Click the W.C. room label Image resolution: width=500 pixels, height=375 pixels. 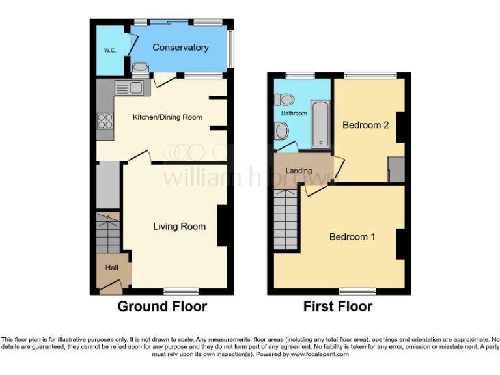[x=109, y=50]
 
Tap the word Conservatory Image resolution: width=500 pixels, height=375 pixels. [x=180, y=48]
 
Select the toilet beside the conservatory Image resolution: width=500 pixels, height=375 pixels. [x=140, y=68]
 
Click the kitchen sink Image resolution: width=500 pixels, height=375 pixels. [x=129, y=87]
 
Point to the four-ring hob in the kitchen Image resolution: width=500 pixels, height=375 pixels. [x=105, y=120]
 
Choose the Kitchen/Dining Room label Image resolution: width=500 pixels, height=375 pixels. [x=167, y=117]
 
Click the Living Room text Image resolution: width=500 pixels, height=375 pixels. [x=179, y=227]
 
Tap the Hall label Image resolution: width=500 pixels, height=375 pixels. [x=111, y=268]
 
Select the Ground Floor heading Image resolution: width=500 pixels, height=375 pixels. [x=162, y=306]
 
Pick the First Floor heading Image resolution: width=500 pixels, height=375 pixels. [x=338, y=306]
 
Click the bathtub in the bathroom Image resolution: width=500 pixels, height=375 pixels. [x=320, y=124]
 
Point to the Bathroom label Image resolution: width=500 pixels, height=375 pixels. [x=294, y=113]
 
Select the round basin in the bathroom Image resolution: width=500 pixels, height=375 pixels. [x=281, y=131]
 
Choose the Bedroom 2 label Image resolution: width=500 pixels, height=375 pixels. [x=365, y=125]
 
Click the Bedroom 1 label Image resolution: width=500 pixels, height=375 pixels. [x=352, y=236]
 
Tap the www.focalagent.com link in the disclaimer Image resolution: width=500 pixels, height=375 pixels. [x=320, y=355]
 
